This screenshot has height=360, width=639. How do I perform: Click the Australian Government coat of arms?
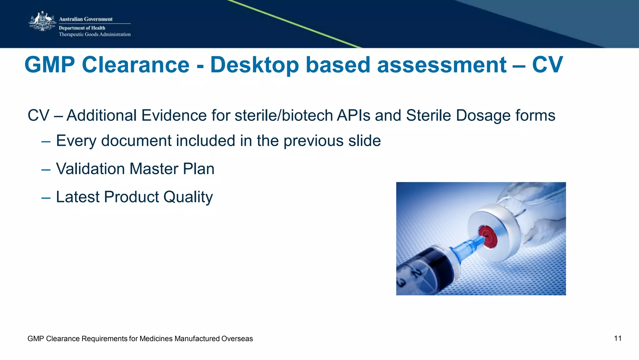pos(42,22)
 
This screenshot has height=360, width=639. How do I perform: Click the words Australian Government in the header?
pos(85,19)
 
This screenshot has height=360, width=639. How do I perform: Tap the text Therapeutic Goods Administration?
pos(95,34)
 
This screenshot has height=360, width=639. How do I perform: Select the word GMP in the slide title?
pos(50,65)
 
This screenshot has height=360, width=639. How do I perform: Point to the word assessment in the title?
pos(441,65)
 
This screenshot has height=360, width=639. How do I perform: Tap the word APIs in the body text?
pos(353,115)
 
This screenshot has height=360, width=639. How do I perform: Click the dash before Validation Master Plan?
pos(46,170)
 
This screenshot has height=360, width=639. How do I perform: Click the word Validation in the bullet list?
pos(90,169)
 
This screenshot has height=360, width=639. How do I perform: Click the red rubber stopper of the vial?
pos(488,236)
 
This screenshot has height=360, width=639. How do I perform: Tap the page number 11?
pos(617,338)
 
